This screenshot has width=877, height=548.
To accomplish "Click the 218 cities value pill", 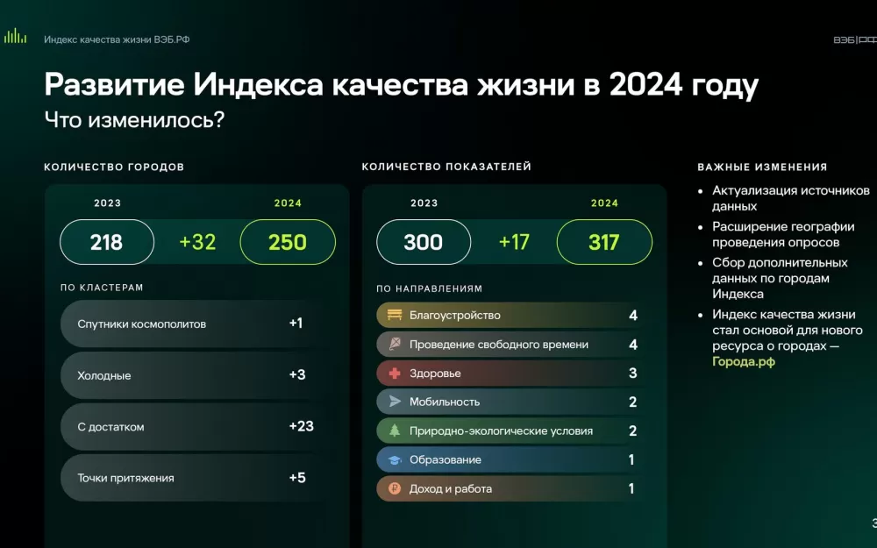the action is pyautogui.click(x=107, y=242).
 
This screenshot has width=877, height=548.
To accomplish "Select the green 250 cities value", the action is pyautogui.click(x=288, y=242).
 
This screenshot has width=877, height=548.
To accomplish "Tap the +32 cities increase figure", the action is pyautogui.click(x=197, y=242).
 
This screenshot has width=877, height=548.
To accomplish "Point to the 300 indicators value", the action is pyautogui.click(x=424, y=242).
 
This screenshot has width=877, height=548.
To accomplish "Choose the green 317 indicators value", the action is pyautogui.click(x=604, y=242).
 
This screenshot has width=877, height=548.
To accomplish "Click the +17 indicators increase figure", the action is pyautogui.click(x=514, y=242).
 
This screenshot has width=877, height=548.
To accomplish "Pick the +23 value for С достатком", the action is pyautogui.click(x=302, y=426).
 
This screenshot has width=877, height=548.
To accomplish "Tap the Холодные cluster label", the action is pyautogui.click(x=104, y=376).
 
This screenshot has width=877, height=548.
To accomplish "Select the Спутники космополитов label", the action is pyautogui.click(x=141, y=324).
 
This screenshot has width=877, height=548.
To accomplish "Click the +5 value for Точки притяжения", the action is pyautogui.click(x=297, y=478).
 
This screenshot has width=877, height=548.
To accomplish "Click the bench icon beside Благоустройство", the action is pyautogui.click(x=395, y=315).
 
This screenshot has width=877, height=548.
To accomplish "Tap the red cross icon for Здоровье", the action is pyautogui.click(x=395, y=373).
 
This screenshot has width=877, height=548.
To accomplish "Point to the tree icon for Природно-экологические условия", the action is pyautogui.click(x=395, y=431).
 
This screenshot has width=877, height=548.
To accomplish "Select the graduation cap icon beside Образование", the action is pyautogui.click(x=395, y=459).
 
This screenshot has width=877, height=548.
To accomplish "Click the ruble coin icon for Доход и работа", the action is pyautogui.click(x=395, y=488).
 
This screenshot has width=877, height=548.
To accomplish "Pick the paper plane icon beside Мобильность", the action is pyautogui.click(x=395, y=402).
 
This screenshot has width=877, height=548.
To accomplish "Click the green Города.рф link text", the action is pyautogui.click(x=744, y=362).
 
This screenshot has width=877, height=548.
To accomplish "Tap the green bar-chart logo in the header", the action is pyautogui.click(x=15, y=36).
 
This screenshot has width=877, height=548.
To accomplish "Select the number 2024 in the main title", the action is pyautogui.click(x=645, y=84).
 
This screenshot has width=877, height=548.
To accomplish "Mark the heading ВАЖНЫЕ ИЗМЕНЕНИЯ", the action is pyautogui.click(x=762, y=167).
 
